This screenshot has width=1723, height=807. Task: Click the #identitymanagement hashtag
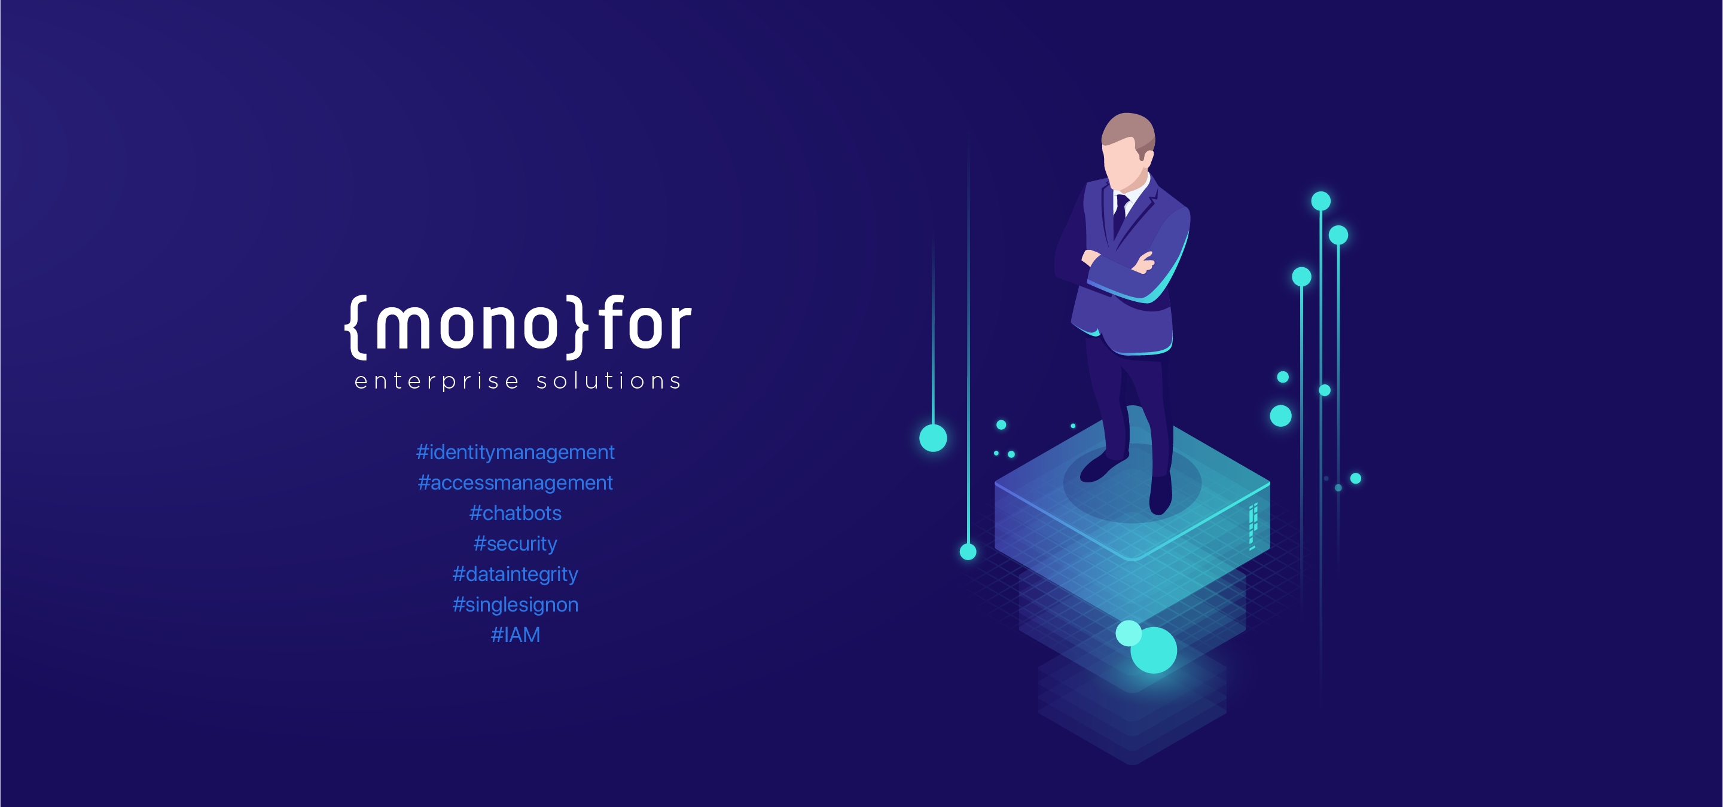coord(515,453)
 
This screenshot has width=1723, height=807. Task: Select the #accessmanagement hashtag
coord(515,483)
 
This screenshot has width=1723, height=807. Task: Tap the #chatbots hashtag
coord(515,513)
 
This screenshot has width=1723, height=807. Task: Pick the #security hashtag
coord(515,543)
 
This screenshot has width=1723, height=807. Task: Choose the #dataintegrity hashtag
coord(515,574)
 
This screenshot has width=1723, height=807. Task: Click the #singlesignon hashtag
coord(515,604)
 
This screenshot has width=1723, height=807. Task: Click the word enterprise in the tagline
coord(436,381)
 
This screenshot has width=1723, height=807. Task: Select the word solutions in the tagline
coord(609,381)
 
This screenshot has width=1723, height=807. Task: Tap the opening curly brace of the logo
coord(356,326)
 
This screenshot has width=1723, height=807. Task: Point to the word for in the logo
coord(644,324)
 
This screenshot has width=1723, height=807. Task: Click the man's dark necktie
coord(1120,213)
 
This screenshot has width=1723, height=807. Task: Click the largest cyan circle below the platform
coord(1154,650)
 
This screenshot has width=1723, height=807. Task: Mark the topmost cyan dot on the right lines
coord(1321,201)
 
